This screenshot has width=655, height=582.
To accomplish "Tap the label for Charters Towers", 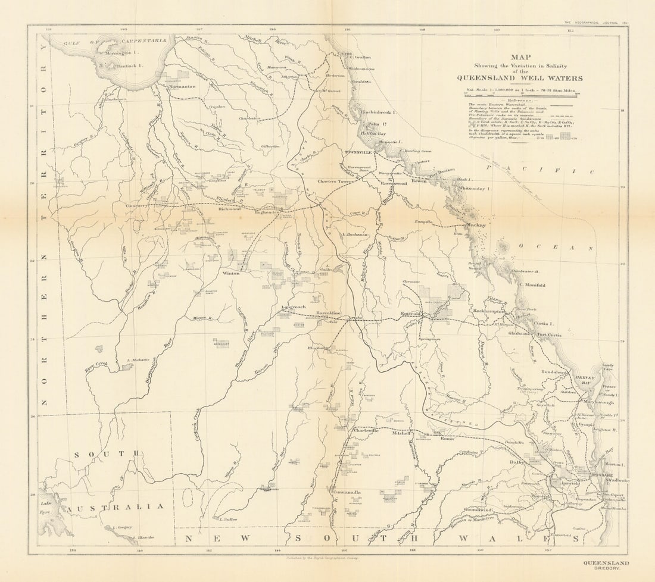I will [x=336, y=182].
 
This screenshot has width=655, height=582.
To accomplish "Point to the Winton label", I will [x=230, y=273].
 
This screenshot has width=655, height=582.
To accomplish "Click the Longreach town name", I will [x=293, y=308].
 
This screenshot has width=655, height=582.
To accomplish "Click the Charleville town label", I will [x=366, y=430].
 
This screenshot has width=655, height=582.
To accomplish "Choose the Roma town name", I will [x=447, y=439].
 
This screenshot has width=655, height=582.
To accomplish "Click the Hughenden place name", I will [x=267, y=212].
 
